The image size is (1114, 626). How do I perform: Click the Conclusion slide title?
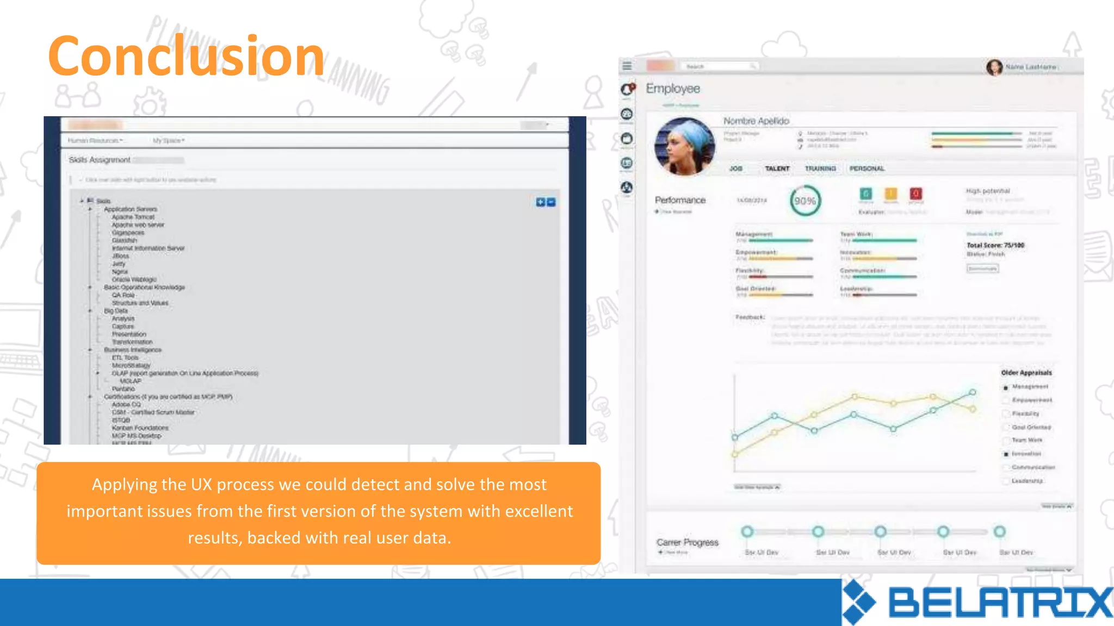186,56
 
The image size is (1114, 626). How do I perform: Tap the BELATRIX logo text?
1000,603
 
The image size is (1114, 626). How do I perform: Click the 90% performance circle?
805,201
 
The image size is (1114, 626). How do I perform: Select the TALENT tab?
777,168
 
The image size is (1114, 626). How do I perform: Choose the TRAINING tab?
820,168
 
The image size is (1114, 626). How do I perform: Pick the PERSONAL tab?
867,168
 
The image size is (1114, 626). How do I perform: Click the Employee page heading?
673,89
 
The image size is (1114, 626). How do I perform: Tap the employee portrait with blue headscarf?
685,146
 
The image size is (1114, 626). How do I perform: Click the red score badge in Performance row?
915,193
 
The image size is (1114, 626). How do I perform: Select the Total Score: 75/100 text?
995,245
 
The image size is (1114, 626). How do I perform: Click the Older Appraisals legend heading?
1026,373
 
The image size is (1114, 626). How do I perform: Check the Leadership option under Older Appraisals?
1007,481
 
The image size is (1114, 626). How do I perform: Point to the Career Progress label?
687,542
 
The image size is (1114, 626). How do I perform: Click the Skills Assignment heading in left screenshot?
100,160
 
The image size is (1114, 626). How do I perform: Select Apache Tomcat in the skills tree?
133,217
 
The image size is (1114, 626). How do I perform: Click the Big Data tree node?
115,311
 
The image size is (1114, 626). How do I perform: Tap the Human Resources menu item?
94,141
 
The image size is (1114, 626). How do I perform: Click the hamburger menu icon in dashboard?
627,66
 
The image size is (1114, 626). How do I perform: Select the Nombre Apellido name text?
756,121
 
